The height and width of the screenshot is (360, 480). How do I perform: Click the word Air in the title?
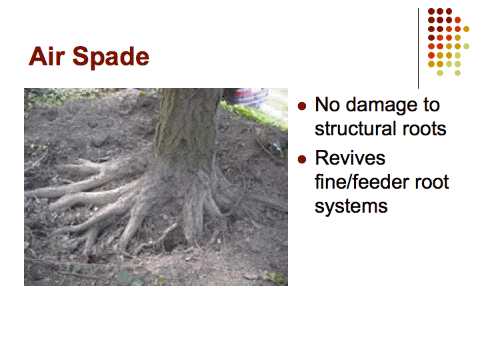tap(46, 56)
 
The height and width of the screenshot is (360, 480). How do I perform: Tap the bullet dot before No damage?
tap(302, 106)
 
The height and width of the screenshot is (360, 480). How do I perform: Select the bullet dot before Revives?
tap(302, 159)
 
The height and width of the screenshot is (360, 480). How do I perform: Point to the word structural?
tap(356, 129)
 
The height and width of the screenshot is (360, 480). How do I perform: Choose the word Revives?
tap(350, 159)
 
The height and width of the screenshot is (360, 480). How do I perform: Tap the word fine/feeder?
tap(362, 182)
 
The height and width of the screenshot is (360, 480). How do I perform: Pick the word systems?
tap(351, 207)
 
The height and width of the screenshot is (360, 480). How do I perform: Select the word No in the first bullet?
tap(327, 105)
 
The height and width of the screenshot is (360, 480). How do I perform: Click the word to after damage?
tap(431, 105)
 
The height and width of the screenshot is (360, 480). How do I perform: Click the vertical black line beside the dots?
tap(418, 49)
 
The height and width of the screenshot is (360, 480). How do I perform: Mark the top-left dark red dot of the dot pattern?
tap(431, 11)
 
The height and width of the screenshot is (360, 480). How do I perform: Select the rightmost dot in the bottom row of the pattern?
tap(457, 73)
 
